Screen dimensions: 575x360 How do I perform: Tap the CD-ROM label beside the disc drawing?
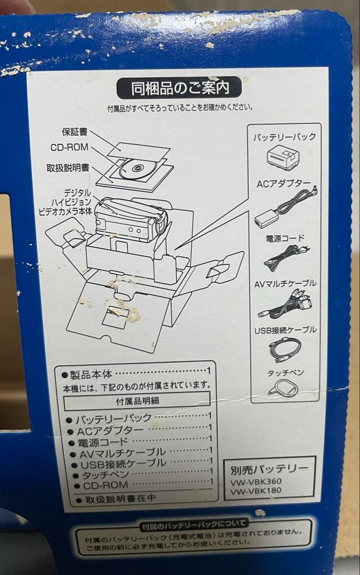coord(69,148)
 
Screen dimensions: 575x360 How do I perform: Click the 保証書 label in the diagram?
coord(75,132)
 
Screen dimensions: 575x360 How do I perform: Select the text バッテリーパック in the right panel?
coord(284,137)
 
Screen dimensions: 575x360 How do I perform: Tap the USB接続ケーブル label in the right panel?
coord(285,330)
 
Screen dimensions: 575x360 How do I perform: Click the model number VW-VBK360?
coord(256,481)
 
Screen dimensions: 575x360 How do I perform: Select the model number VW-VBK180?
coord(256,490)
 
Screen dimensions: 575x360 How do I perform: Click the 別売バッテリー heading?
coord(269,469)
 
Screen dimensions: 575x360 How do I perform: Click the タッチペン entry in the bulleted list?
coord(101,474)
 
